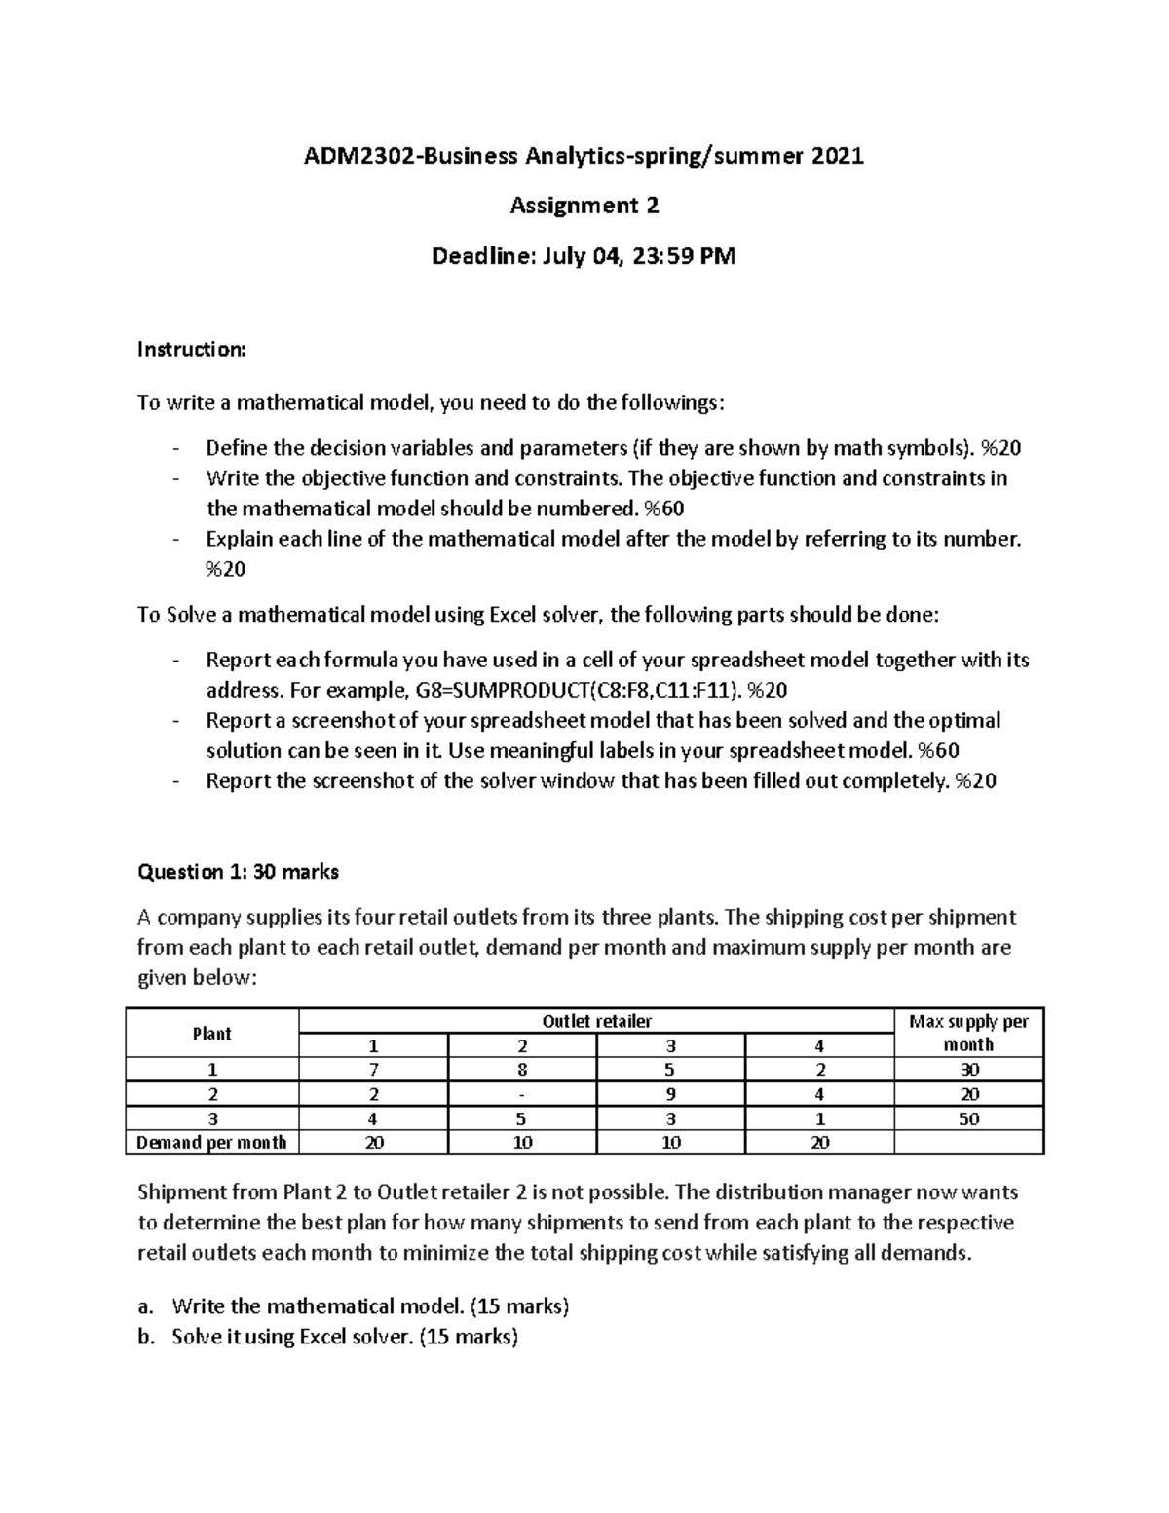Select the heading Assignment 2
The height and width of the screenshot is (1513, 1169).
pos(584,206)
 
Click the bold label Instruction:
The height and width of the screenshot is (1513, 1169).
pos(192,349)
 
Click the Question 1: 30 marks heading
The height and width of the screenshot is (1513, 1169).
pos(238,872)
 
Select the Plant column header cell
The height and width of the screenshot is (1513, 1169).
pos(211,1033)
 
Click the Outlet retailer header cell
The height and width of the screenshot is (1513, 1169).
pos(596,1021)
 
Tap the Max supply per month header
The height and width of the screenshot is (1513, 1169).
pos(968,1033)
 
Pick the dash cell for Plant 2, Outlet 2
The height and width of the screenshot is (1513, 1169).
pos(522,1094)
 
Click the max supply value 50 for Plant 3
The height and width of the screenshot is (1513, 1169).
pos(968,1118)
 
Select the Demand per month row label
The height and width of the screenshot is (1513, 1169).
pos(211,1143)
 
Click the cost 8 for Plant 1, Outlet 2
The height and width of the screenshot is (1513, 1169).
pos(522,1070)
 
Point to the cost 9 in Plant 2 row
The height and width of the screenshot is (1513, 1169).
pos(670,1094)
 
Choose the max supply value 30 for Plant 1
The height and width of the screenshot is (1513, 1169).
pos(968,1070)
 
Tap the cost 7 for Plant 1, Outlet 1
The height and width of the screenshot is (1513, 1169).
pos(373,1070)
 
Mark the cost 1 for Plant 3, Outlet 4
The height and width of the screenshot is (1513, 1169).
pos(819,1118)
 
